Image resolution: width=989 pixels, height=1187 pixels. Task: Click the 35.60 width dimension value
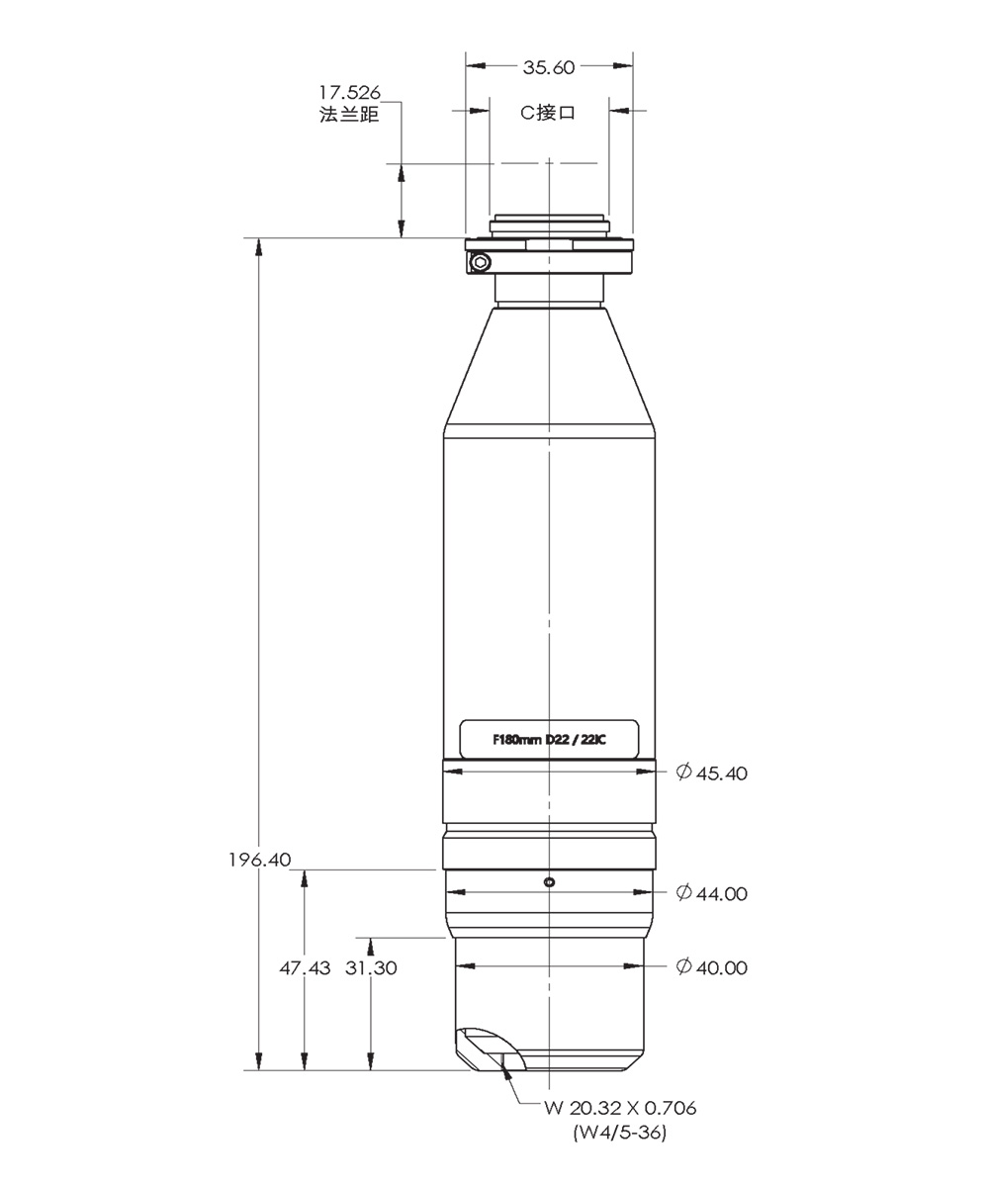pyautogui.click(x=549, y=67)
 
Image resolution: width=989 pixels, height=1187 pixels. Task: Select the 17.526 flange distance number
pyautogui.click(x=349, y=92)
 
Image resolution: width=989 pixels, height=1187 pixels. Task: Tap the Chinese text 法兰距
pyautogui.click(x=349, y=115)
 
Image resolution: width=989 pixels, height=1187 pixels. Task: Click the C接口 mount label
pyautogui.click(x=548, y=113)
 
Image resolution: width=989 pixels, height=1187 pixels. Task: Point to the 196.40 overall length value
pyautogui.click(x=260, y=860)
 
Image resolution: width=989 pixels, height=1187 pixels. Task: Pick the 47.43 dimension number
pyautogui.click(x=305, y=967)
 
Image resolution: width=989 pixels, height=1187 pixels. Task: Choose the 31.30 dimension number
pyautogui.click(x=371, y=967)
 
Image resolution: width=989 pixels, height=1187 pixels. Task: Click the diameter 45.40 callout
pyautogui.click(x=712, y=773)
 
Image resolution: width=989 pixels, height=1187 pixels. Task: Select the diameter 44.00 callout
pyautogui.click(x=712, y=893)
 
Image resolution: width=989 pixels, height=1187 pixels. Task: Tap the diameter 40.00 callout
pyautogui.click(x=712, y=967)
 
